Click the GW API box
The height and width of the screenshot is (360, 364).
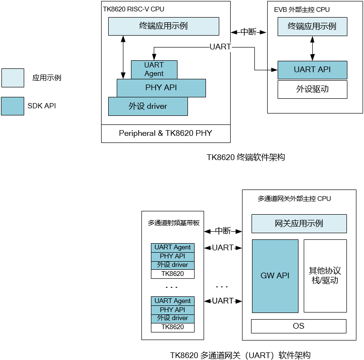[275, 276]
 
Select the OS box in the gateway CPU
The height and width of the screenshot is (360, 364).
[299, 326]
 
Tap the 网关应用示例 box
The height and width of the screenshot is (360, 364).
[299, 223]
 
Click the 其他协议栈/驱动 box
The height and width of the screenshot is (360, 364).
[325, 276]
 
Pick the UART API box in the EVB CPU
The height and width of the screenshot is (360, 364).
[312, 70]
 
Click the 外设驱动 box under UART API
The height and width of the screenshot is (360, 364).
[312, 89]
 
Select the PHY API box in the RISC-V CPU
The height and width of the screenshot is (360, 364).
[161, 88]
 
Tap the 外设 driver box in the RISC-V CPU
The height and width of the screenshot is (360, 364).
[148, 106]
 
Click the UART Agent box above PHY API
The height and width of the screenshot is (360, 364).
[154, 69]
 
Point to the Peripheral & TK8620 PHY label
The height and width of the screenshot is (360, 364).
[166, 133]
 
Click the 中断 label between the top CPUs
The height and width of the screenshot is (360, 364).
[248, 32]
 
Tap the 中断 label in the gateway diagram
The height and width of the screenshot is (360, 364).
[223, 231]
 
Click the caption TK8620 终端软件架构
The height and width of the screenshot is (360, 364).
[245, 157]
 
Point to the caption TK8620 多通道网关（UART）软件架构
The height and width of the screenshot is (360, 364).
[240, 355]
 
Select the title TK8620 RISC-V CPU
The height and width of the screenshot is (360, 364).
[134, 9]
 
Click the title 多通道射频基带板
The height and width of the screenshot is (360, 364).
[172, 222]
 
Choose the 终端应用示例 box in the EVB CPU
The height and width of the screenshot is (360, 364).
[312, 27]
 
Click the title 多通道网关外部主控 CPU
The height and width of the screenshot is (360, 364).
[294, 199]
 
